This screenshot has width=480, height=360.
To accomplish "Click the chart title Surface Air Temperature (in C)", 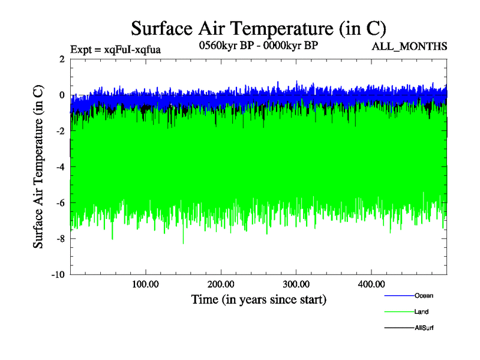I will [x=258, y=28].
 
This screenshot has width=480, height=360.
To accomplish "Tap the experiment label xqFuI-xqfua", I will [x=115, y=49].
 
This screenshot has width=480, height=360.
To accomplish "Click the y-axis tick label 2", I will [x=62, y=59].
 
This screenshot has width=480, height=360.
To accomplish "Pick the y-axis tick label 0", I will [x=62, y=95].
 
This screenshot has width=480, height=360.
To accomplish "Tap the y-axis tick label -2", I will [x=60, y=131].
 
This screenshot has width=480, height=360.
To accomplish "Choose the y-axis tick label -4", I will [x=60, y=167].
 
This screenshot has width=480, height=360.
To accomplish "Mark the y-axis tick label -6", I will [x=60, y=203].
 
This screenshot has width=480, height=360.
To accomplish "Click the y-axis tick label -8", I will [x=60, y=239].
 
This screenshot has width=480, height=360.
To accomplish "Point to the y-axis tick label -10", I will [x=58, y=275].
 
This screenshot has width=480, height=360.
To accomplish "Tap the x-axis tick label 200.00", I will [x=221, y=283].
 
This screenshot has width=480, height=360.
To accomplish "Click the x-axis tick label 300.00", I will [x=296, y=283].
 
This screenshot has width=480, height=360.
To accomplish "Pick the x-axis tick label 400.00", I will [x=371, y=283].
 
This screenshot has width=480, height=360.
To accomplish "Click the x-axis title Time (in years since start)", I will [x=258, y=299].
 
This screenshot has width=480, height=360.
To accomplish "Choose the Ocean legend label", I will [x=424, y=296].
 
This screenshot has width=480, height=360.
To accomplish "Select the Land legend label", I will [x=421, y=312].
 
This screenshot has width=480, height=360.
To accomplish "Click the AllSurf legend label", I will [x=424, y=328].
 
